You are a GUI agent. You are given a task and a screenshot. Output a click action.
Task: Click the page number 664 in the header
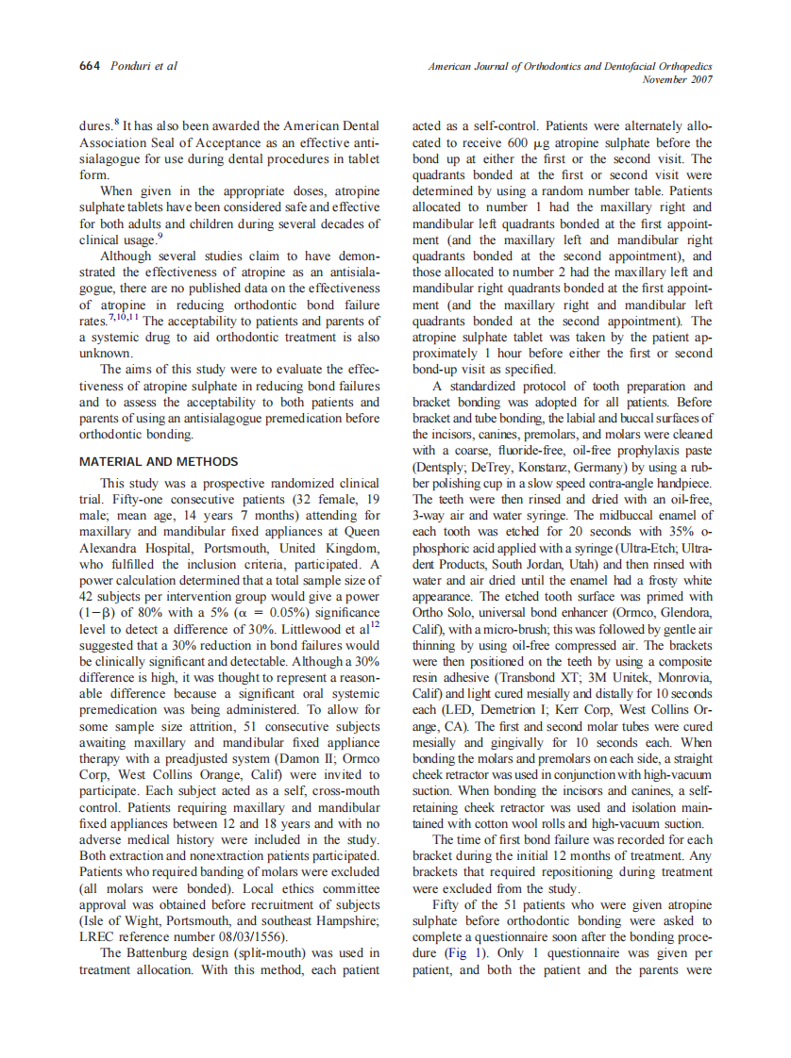click(91, 66)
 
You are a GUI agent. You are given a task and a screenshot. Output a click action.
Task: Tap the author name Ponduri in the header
click(129, 66)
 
